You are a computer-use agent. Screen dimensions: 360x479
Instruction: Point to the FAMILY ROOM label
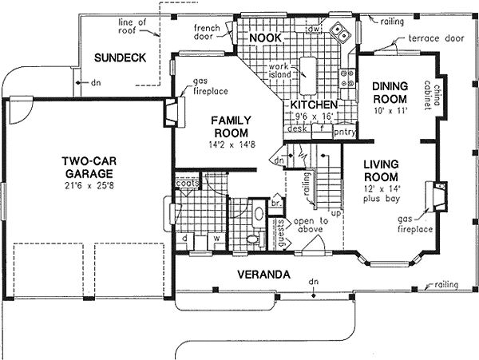click(x=231, y=125)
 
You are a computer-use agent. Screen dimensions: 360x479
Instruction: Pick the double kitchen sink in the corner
click(x=341, y=34)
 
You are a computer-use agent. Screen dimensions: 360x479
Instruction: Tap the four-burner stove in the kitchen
click(x=348, y=77)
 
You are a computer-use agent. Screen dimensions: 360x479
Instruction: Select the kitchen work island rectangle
click(x=310, y=73)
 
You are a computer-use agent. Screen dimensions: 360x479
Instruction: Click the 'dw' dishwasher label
click(x=315, y=29)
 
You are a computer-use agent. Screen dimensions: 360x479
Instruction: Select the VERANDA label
click(x=263, y=275)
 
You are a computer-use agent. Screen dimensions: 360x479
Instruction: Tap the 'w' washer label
click(x=216, y=237)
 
